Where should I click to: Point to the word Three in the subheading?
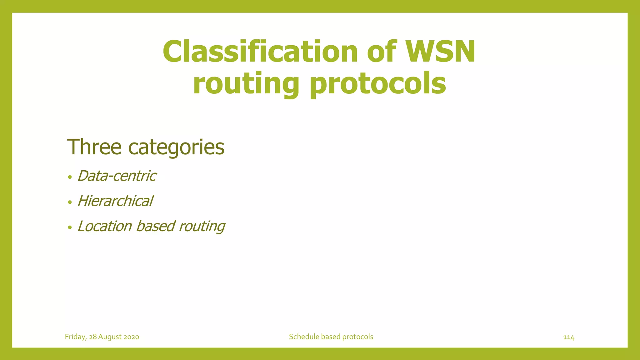(94, 147)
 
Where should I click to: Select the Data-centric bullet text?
(117, 176)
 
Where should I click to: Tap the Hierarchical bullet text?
(115, 201)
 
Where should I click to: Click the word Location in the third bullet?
(105, 226)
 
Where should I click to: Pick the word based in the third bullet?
(155, 226)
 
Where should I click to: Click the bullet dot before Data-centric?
(70, 177)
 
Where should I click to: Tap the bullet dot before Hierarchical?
(70, 202)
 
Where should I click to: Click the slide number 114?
(568, 337)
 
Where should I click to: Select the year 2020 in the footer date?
(131, 337)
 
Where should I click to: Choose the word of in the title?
(382, 52)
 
